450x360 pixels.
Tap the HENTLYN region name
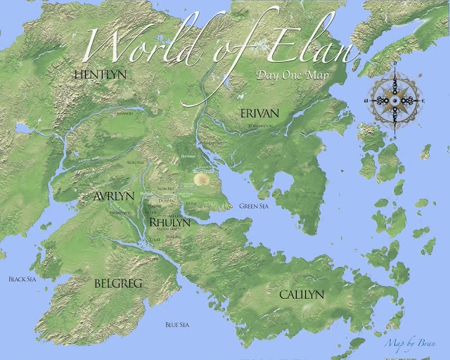coord(96,72)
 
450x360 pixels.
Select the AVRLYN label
coord(114,196)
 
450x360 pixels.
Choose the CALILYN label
coord(302,294)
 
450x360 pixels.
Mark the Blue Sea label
coord(176,324)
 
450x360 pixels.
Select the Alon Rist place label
coord(165,189)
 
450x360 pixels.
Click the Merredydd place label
coord(120,211)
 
